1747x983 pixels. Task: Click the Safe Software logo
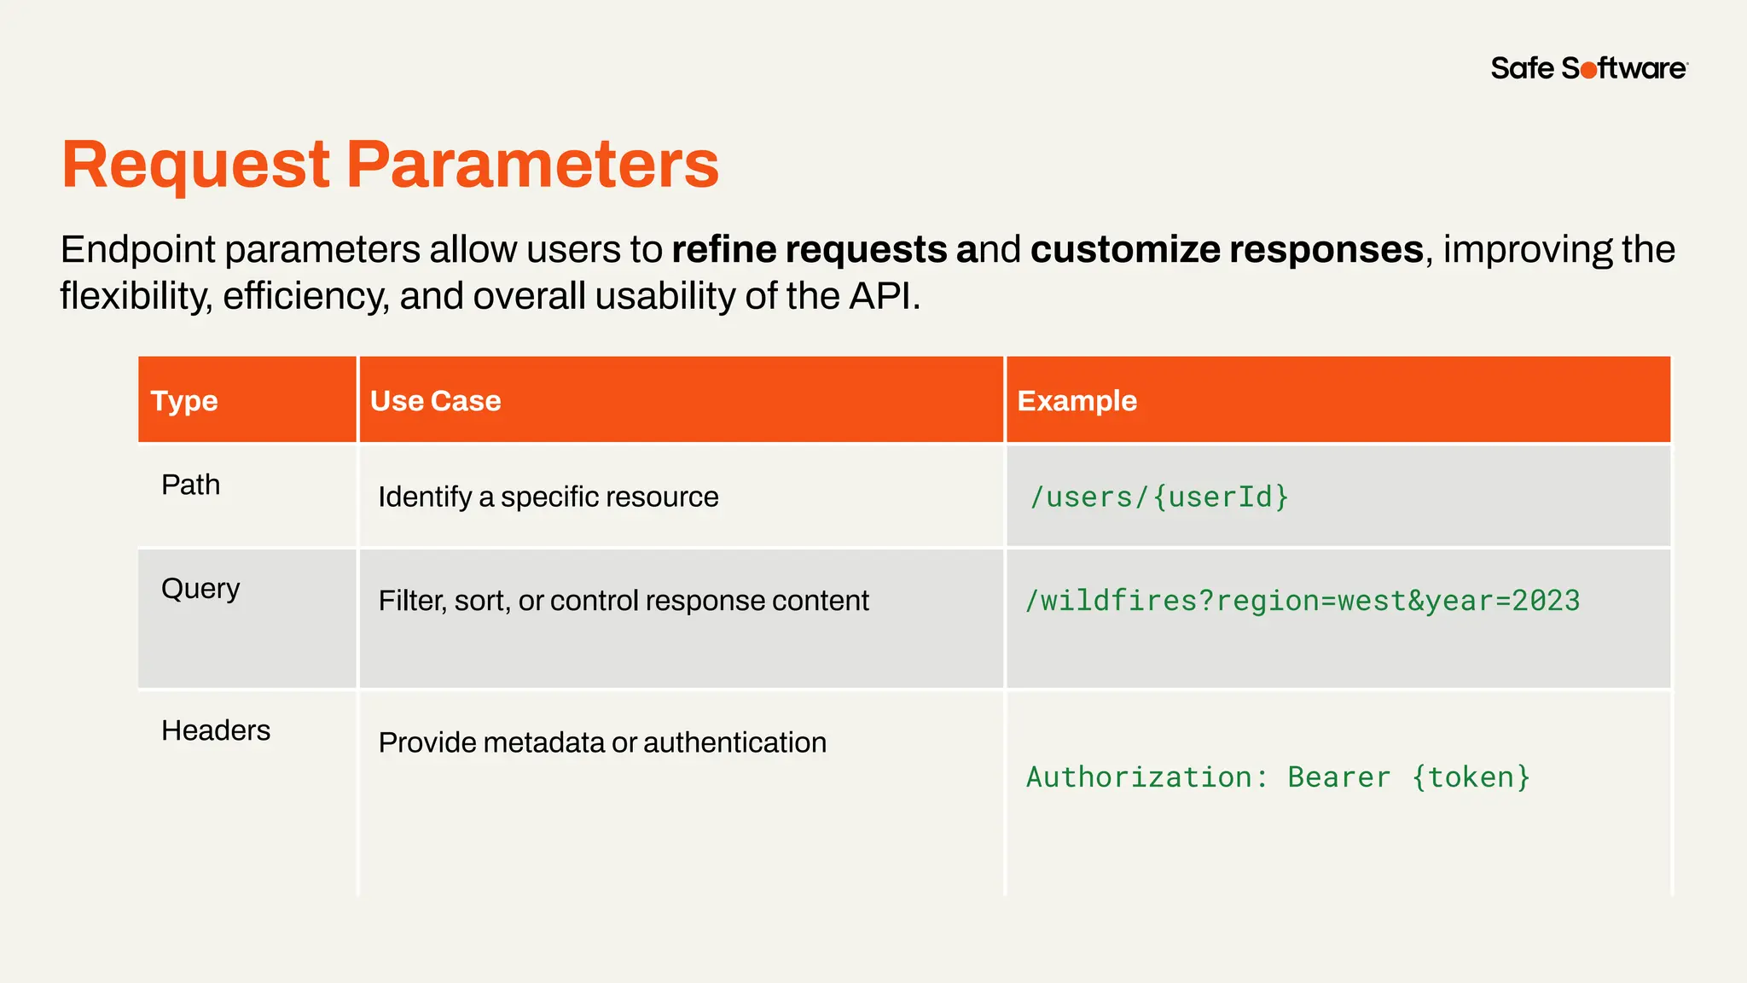click(1588, 68)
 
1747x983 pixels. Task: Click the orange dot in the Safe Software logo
click(1588, 70)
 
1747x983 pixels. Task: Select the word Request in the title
click(195, 165)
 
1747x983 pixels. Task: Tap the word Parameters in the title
click(532, 165)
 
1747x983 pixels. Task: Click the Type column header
click(184, 400)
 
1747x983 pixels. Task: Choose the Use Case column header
click(435, 400)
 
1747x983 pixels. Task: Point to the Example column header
click(1077, 400)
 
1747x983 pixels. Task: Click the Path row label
click(190, 485)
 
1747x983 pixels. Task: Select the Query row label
click(200, 589)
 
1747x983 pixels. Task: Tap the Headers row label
click(215, 730)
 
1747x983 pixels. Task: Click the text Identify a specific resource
click(548, 497)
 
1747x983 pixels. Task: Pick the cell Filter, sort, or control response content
click(623, 601)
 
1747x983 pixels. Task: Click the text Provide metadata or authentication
click(602, 742)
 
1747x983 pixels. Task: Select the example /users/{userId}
click(1158, 497)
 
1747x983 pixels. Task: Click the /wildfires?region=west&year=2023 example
click(1302, 601)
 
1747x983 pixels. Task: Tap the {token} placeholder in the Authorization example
click(1471, 777)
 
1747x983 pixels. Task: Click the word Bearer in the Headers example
click(1338, 777)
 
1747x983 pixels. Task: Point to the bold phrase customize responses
click(1227, 249)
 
